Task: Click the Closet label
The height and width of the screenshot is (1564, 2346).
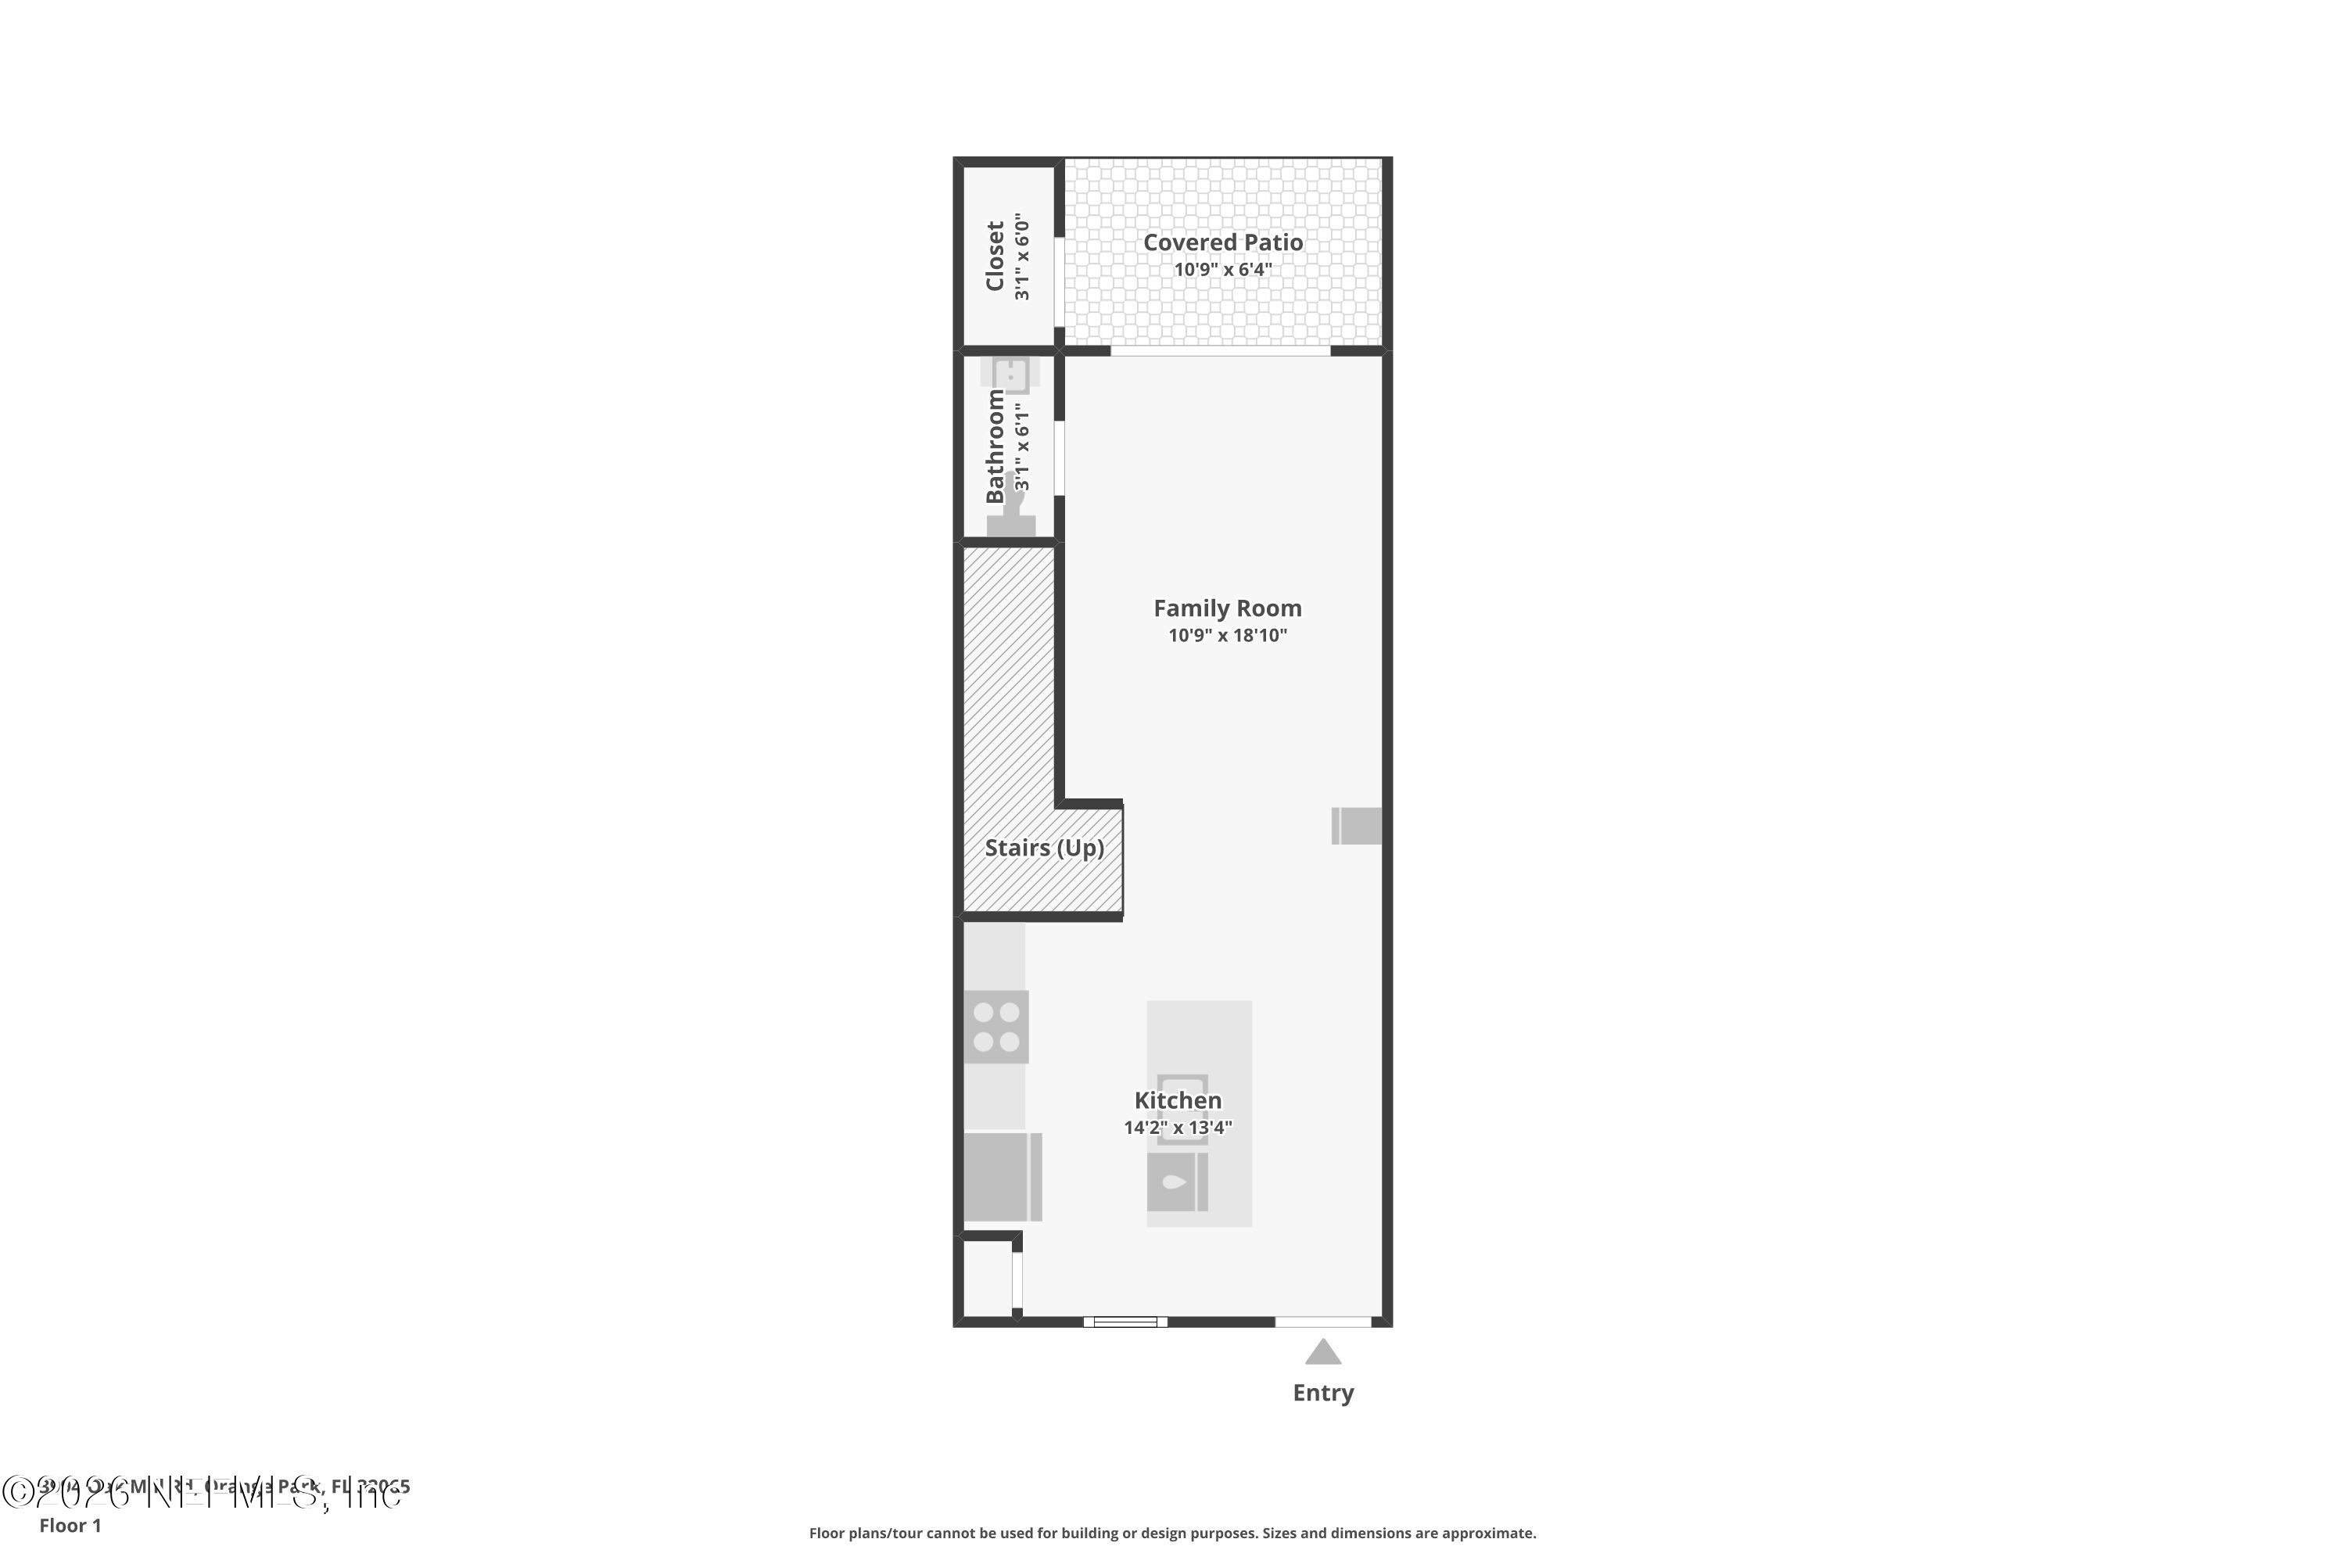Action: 995,256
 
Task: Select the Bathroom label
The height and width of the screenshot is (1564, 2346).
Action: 995,446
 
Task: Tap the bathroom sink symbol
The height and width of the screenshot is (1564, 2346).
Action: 1010,375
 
